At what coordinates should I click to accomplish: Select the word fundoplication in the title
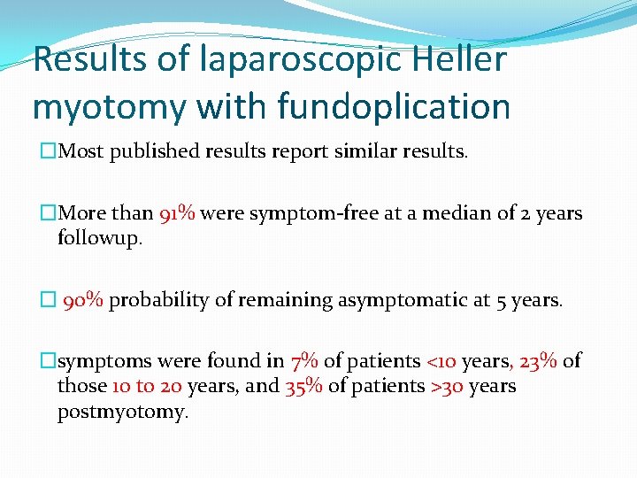394,107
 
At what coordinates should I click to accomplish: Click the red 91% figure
178,214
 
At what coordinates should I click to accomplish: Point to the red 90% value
84,300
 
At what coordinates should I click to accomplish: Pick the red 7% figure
303,361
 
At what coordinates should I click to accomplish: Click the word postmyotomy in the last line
123,412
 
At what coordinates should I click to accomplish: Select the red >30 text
444,387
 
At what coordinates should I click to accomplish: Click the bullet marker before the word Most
49,151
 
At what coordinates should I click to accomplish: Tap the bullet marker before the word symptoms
49,361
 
